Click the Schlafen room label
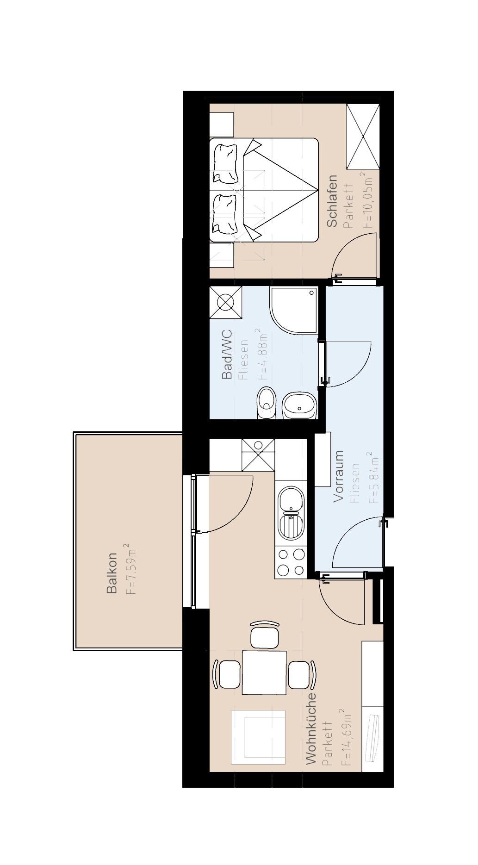(332, 201)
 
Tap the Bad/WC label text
(227, 354)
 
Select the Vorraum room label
(339, 476)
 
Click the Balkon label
(112, 573)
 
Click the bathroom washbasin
(299, 405)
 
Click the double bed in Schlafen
(264, 190)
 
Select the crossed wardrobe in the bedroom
(363, 137)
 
